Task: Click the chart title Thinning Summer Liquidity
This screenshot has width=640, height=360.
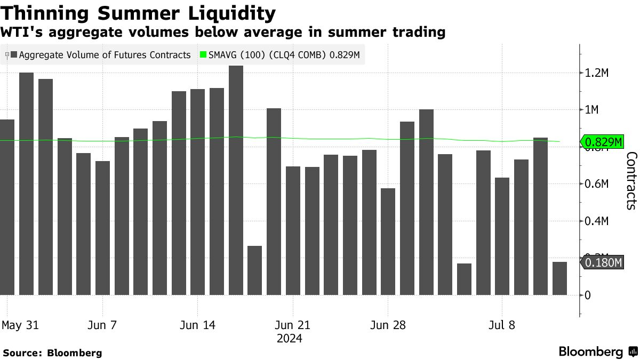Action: point(138,13)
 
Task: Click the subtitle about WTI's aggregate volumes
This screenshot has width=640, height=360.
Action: point(223,32)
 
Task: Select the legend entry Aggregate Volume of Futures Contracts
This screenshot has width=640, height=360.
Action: point(100,55)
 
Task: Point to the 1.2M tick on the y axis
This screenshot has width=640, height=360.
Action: point(597,73)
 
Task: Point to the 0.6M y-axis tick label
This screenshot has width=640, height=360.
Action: point(597,184)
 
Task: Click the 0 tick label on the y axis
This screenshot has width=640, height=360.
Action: point(588,295)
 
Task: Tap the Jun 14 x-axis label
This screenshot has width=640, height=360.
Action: point(197,325)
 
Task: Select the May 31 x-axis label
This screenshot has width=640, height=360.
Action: point(20,325)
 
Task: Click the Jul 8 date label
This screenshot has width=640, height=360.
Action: point(502,325)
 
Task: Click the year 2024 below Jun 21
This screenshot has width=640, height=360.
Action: point(290,339)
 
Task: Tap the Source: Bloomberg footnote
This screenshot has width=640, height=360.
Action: point(52,353)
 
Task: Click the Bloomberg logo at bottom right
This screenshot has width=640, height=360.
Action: point(597,352)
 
